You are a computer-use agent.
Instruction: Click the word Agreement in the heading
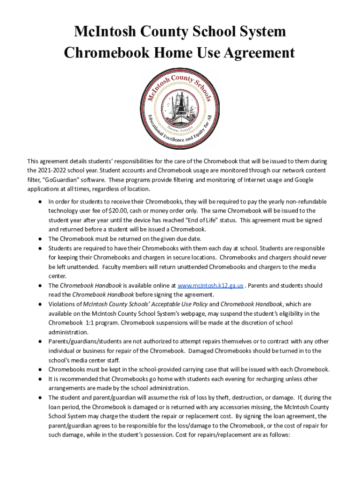click(254, 53)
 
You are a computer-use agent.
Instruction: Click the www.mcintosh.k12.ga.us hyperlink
click(210, 285)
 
